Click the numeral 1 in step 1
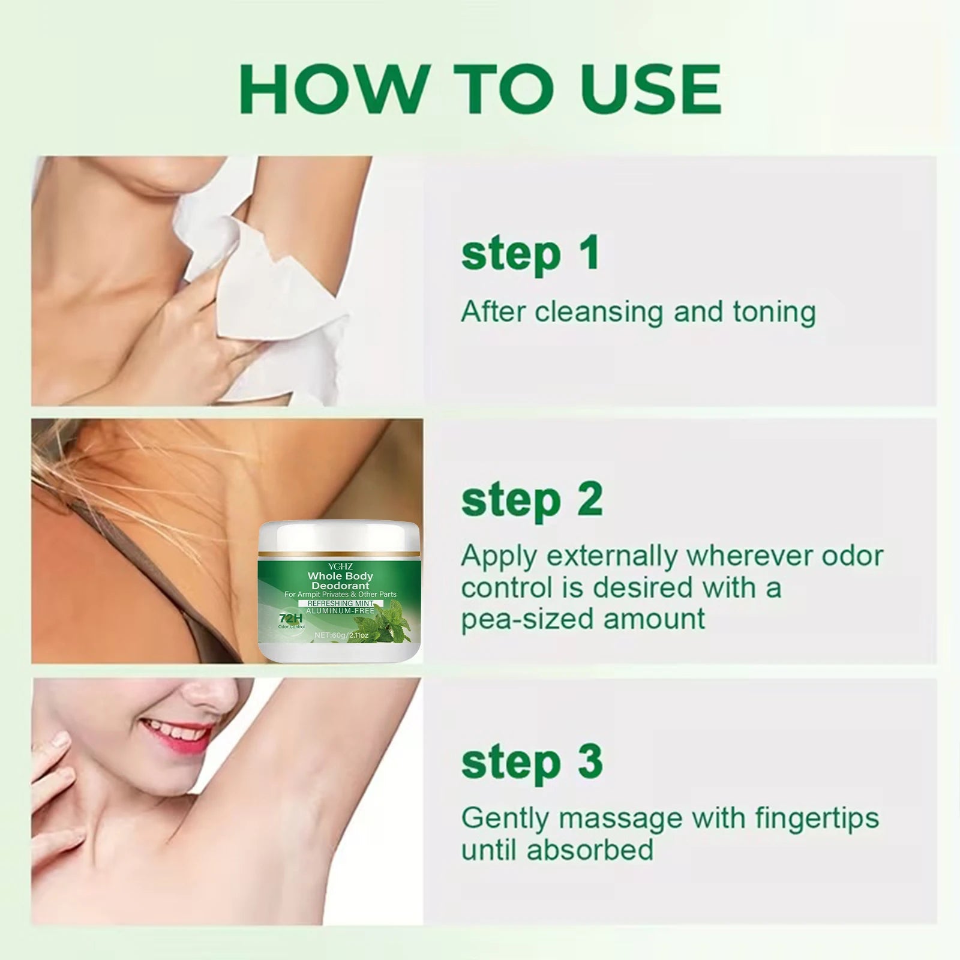coord(588,253)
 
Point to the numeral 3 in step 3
coord(590,761)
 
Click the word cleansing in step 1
coord(599,313)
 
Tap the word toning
coord(774,313)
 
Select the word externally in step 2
coord(613,557)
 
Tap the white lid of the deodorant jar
coord(339,536)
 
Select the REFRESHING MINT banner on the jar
coord(340,603)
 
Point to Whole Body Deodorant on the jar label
coord(340,581)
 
